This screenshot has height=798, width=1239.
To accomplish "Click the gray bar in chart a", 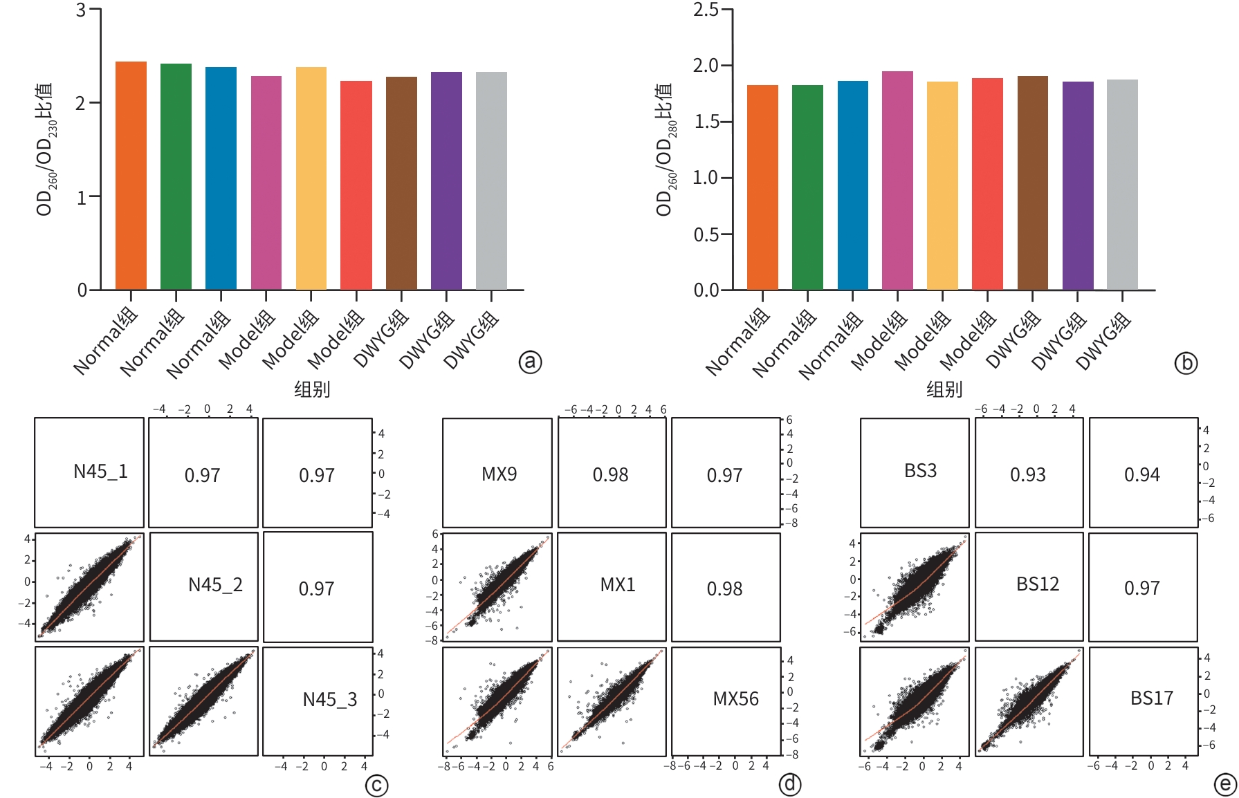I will coord(491,180).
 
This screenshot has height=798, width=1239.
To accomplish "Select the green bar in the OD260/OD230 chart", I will coord(176,176).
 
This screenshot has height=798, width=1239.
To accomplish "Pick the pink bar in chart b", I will coord(897,180).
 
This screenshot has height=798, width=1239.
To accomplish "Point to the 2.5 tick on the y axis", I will coord(706,10).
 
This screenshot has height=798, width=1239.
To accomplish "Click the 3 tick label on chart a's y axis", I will coord(81,10).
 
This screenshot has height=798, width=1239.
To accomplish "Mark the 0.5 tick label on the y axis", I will coord(706,234).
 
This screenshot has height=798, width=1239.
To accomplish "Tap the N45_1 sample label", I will coord(100,472).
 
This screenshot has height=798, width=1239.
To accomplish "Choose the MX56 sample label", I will coord(735,699).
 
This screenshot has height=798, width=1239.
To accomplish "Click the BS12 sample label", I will coord(1037,584).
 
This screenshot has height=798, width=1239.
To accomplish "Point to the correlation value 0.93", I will coord(1027,475).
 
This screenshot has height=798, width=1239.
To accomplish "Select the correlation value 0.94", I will coord(1141,475).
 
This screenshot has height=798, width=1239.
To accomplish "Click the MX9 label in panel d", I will coord(499,474).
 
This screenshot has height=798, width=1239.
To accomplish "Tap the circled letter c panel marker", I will coord(376,786).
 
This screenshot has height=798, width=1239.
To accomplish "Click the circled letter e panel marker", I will coord(1225,784).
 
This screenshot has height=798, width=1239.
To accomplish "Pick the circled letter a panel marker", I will coord(531,362).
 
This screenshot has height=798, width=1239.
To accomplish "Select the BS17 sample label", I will coord(1151,698).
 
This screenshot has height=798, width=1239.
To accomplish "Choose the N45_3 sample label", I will coord(329,700).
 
